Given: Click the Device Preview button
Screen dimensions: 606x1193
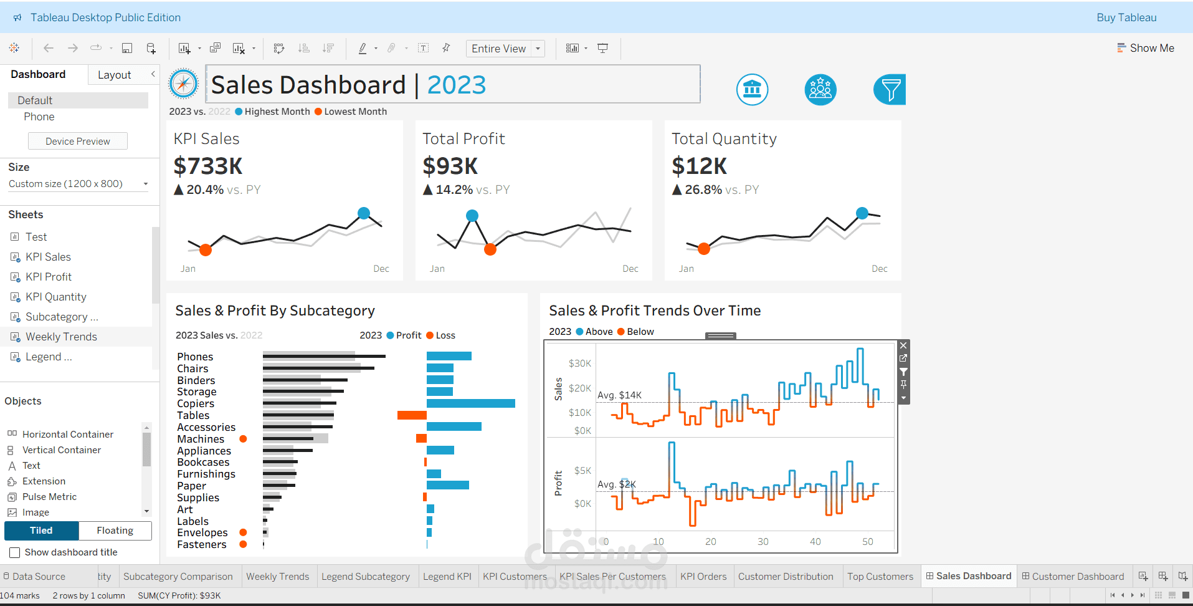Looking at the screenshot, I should click(78, 142).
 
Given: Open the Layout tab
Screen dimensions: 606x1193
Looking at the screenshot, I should click(114, 75).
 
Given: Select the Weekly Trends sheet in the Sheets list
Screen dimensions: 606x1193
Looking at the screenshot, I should click(61, 337).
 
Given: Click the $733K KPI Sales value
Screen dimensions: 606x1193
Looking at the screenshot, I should click(208, 166).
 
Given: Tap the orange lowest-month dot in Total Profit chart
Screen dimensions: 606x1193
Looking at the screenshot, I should click(490, 249).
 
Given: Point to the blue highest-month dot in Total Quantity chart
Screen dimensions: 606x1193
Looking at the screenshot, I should click(862, 213).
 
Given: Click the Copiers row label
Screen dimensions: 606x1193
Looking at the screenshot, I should click(196, 403).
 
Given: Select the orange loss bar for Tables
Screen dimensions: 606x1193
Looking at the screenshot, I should click(412, 415).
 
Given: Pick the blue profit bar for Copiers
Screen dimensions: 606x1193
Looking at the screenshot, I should click(471, 403).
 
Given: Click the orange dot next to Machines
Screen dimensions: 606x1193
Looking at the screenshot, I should click(244, 439).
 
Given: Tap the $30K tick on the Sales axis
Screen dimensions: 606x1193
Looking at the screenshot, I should click(580, 363).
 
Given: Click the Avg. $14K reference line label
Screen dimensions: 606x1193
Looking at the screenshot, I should click(619, 395).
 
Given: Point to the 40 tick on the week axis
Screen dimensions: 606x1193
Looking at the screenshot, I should click(815, 542).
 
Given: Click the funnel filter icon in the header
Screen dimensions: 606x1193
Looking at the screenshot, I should click(890, 90).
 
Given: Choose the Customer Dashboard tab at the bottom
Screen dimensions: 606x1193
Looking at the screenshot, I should click(1077, 577).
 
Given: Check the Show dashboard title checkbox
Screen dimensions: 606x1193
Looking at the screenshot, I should click(15, 552).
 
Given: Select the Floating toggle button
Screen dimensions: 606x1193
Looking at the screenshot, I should click(115, 531).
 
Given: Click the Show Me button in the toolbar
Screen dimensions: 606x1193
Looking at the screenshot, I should click(1146, 48).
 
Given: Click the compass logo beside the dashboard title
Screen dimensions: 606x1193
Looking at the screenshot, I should click(184, 84).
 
